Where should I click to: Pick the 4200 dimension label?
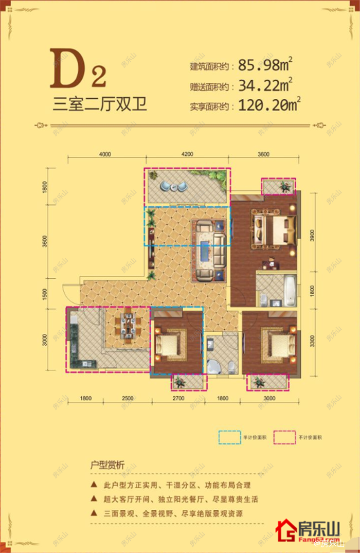pos(187,153)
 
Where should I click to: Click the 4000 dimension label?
pos(105,153)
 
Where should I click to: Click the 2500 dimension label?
pos(128,398)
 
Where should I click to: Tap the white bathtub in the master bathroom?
pos(290,291)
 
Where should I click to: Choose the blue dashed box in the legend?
pos(230,437)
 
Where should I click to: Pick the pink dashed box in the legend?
pos(284,437)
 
